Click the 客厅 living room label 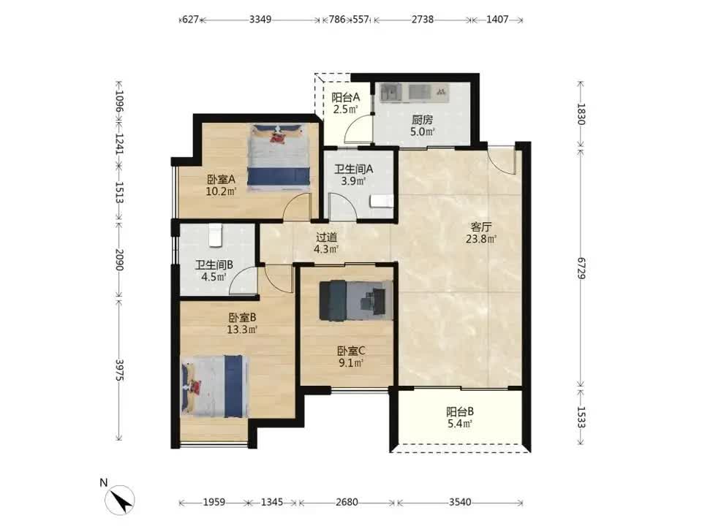(x=481, y=226)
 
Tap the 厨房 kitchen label (x=422, y=120)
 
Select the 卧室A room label (x=221, y=180)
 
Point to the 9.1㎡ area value (x=350, y=363)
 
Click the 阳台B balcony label (x=460, y=411)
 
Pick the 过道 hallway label (x=326, y=237)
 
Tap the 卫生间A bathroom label (x=354, y=169)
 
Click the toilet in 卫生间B (x=215, y=235)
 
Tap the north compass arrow (x=120, y=500)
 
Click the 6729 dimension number (x=581, y=268)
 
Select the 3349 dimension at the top (x=260, y=20)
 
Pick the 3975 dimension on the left (x=119, y=370)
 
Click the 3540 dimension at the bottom (x=460, y=503)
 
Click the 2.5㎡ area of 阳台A (x=345, y=109)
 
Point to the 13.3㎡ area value (x=242, y=330)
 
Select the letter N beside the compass (x=103, y=483)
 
